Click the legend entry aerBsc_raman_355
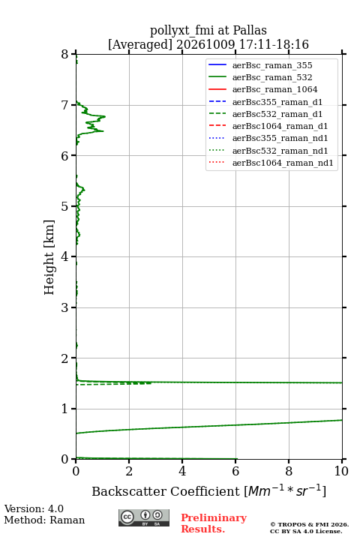tap(272, 65)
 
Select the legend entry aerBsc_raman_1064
tap(275, 89)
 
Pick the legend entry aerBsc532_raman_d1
tap(277, 114)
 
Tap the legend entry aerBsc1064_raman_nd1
tap(283, 163)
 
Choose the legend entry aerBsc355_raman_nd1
tap(280, 139)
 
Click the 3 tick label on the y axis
tap(65, 307)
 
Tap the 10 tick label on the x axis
tap(341, 471)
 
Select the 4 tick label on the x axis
tap(182, 471)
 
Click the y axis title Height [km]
tap(49, 257)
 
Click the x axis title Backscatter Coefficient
tap(166, 491)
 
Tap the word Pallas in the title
tap(250, 30)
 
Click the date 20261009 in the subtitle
tap(205, 44)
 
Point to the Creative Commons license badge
tap(144, 517)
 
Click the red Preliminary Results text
tap(214, 523)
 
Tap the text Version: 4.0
tap(34, 508)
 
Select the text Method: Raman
tap(44, 520)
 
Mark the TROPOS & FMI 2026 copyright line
tap(309, 524)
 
